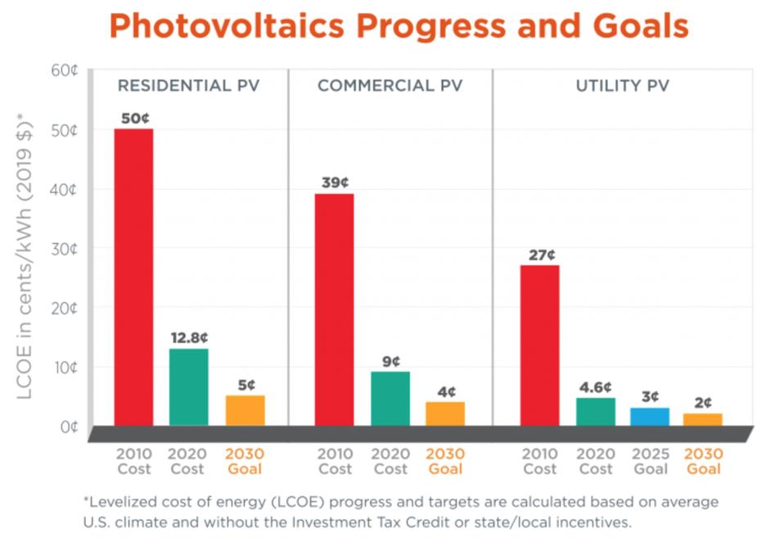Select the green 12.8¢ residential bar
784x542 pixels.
pyautogui.click(x=189, y=386)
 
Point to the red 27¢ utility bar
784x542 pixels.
pyautogui.click(x=539, y=345)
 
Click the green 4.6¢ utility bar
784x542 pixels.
pyautogui.click(x=595, y=411)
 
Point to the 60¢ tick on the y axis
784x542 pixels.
pyautogui.click(x=64, y=70)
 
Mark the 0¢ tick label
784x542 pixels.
pyautogui.click(x=68, y=427)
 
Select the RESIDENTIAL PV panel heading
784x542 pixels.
pyautogui.click(x=188, y=86)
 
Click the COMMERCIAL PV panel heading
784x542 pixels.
pyautogui.click(x=390, y=86)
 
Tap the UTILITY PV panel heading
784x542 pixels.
pyautogui.click(x=622, y=86)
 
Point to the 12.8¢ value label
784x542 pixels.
pyautogui.click(x=189, y=337)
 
